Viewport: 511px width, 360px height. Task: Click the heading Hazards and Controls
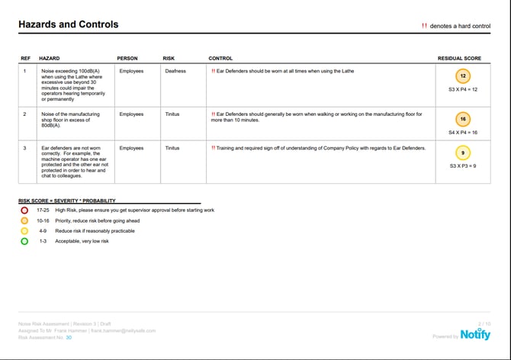click(x=69, y=24)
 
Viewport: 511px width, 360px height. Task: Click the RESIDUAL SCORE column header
click(x=459, y=59)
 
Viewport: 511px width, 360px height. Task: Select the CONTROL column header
click(x=221, y=59)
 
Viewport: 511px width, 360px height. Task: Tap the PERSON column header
click(x=127, y=59)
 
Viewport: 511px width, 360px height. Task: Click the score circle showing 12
click(x=463, y=76)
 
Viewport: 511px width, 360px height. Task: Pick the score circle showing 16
click(x=463, y=120)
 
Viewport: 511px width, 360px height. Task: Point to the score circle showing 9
click(x=463, y=153)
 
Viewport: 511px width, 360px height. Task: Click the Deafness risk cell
click(x=175, y=72)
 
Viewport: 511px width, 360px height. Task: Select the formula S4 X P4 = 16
click(x=463, y=133)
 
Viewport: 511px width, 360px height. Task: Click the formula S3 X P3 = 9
click(x=463, y=166)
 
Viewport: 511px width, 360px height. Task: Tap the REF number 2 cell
click(x=24, y=114)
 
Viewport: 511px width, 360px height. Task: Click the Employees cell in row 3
click(x=131, y=148)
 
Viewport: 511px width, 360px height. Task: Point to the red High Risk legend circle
click(x=24, y=210)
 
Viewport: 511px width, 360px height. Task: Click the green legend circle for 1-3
click(x=24, y=241)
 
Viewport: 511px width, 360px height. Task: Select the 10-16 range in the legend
click(x=43, y=220)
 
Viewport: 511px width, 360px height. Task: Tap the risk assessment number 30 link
click(x=69, y=336)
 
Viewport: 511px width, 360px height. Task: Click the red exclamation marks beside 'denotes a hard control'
click(x=424, y=26)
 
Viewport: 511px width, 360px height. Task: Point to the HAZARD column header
click(x=50, y=59)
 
